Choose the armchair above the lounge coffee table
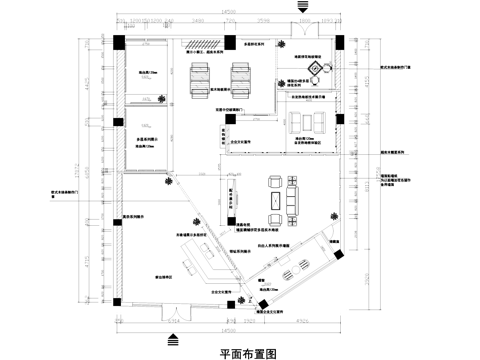275,180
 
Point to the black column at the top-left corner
119,41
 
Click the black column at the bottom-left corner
119,297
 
